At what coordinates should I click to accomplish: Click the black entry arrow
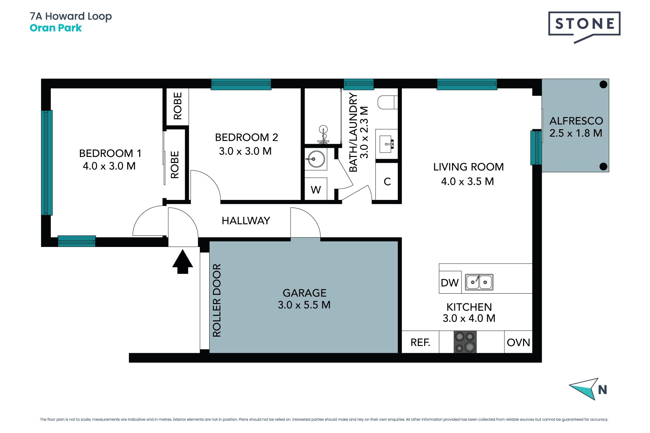point(182,261)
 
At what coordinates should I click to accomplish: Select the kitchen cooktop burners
point(465,342)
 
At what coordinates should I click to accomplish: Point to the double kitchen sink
point(479,282)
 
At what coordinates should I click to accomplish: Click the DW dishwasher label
point(450,283)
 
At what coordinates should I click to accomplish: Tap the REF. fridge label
point(420,343)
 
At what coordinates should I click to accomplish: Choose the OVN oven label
point(518,343)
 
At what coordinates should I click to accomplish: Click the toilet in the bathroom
point(388,102)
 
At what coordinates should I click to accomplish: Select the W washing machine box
point(316,189)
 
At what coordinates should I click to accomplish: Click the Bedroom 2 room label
point(246,137)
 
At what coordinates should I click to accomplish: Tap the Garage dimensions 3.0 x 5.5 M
point(304,305)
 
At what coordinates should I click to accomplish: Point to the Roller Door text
point(217,300)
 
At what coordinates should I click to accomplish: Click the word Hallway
point(246,221)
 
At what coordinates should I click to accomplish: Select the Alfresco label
point(576,121)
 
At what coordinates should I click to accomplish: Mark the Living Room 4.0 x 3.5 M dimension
point(468,182)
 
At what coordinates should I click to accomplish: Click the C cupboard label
point(387,182)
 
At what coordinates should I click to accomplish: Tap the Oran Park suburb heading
point(56,28)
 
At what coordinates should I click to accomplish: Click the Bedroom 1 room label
point(110,153)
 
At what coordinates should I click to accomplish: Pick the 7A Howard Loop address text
point(71,16)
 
